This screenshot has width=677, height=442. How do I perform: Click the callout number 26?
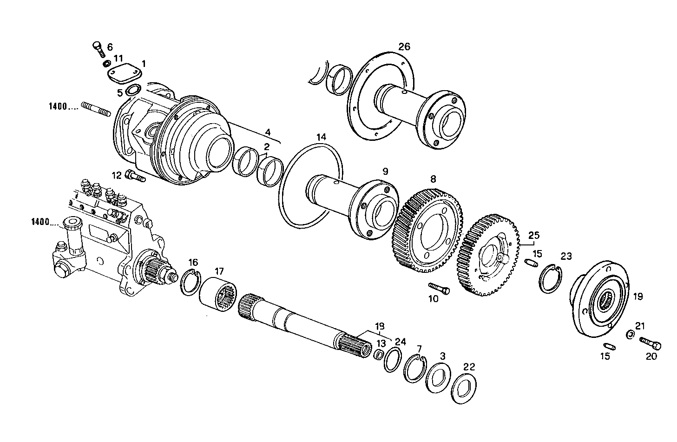tap(404, 46)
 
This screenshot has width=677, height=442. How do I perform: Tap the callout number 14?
tap(322, 137)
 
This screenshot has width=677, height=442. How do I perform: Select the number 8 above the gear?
tap(433, 178)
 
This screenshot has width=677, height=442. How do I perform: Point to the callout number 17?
tap(219, 270)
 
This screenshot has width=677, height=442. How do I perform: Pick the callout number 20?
tap(652, 356)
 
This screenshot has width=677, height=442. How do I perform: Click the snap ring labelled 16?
tap(190, 282)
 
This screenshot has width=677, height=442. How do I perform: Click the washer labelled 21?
tap(630, 334)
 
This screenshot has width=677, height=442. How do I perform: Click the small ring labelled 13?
tap(379, 356)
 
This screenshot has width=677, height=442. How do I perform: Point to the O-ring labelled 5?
tap(133, 90)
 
